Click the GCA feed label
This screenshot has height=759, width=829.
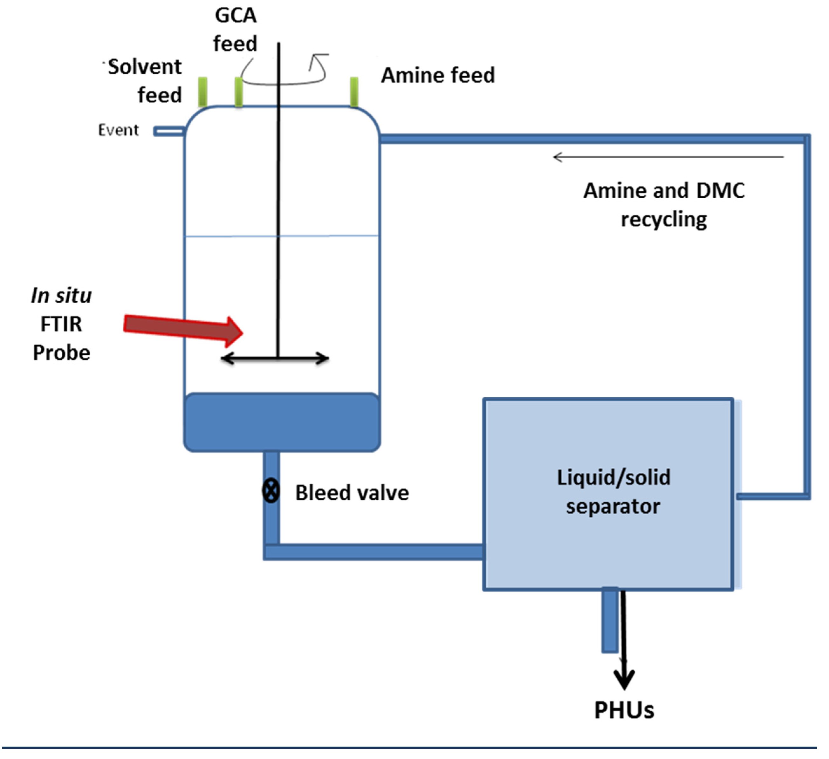235,30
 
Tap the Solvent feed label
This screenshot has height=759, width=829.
144,81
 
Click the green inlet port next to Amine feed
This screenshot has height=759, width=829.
354,92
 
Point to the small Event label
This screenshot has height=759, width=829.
118,130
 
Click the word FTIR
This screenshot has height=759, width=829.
61,324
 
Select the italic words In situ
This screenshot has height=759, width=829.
61,296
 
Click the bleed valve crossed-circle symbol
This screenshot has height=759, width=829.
271,490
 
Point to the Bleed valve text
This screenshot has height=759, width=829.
352,493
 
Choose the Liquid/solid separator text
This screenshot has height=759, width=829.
613,492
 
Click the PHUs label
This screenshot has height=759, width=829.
624,710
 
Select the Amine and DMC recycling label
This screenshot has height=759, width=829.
664,205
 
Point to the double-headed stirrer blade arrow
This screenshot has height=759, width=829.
275,358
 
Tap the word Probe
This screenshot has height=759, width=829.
61,353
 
